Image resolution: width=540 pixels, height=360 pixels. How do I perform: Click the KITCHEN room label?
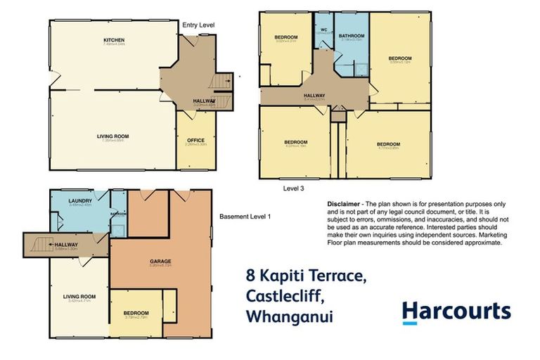pyautogui.click(x=114, y=41)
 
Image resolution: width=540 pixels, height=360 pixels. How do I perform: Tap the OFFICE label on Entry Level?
pyautogui.click(x=196, y=140)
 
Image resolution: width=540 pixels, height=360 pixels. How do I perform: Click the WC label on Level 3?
pyautogui.click(x=324, y=30)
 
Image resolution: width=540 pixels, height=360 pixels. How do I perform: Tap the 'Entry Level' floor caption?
pyautogui.click(x=198, y=25)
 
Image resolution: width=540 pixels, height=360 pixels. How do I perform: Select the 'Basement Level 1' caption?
pyautogui.click(x=245, y=216)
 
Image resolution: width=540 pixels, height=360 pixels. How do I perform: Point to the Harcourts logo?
pyautogui.click(x=456, y=311)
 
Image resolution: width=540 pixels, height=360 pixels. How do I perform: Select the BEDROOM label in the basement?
pyautogui.click(x=136, y=313)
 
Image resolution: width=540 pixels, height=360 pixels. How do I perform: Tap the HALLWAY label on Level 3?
pyautogui.click(x=314, y=96)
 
